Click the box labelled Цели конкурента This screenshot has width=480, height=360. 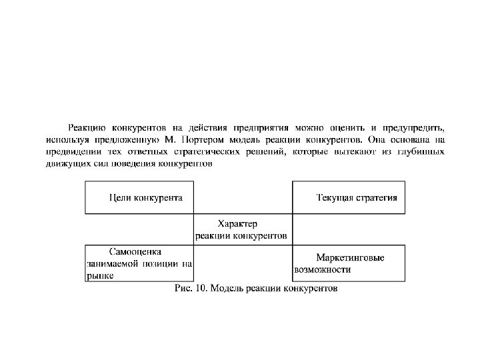(139, 197)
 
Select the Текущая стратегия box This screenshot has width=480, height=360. (349, 197)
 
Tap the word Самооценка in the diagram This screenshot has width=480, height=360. (135, 251)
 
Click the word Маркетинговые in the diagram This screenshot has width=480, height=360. (350, 257)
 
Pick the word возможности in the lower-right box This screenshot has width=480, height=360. (322, 270)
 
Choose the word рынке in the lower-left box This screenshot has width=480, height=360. (99, 276)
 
